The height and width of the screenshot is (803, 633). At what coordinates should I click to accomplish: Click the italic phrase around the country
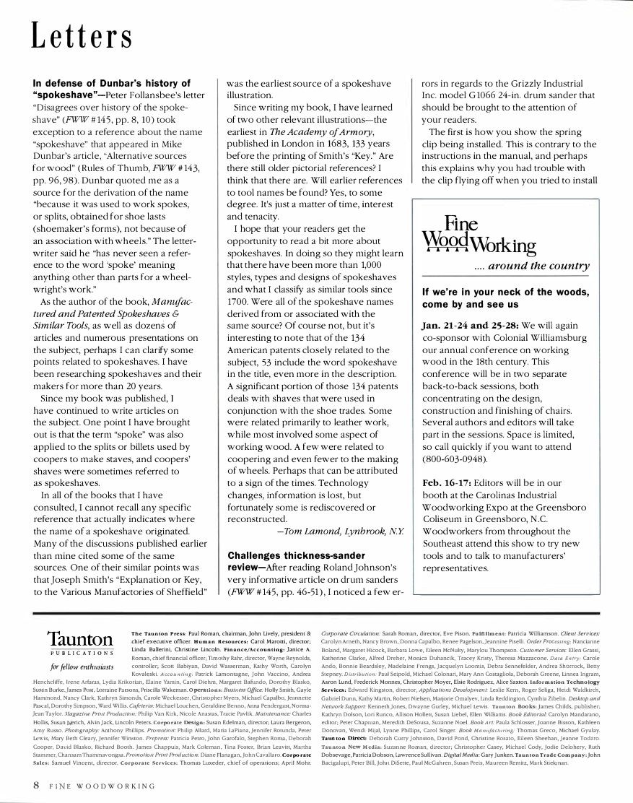pos(530,267)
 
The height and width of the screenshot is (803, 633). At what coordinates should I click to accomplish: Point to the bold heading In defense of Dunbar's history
pos(111,84)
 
